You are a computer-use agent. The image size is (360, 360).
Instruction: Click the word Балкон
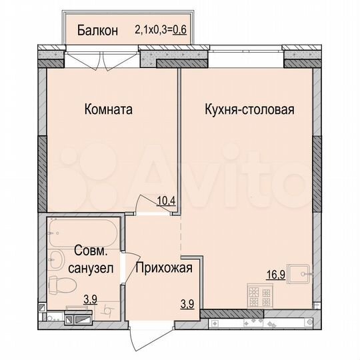tap(97, 30)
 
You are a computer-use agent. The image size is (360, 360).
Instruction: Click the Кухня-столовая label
tap(249, 109)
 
